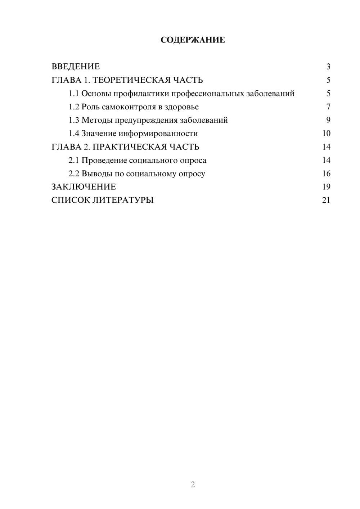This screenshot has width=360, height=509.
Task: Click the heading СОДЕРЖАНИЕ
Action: coord(193,40)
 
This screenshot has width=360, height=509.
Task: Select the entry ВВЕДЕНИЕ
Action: coord(76,67)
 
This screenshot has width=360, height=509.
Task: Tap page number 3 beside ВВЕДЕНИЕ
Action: coord(328,67)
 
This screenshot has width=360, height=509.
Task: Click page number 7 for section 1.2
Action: coord(328,107)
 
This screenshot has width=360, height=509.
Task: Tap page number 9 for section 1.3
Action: coord(328,120)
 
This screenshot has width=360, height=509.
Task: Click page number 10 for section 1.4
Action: coord(326,134)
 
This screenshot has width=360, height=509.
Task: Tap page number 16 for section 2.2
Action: coord(326,174)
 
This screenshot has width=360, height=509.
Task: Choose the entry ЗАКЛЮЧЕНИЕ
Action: coord(84,187)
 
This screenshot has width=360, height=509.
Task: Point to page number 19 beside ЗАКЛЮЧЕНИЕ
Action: coord(326,187)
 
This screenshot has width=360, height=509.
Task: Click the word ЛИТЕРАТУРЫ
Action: coord(123,200)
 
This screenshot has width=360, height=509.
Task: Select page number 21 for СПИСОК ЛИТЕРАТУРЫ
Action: coord(326,200)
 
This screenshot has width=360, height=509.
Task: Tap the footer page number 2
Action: coord(193,485)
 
